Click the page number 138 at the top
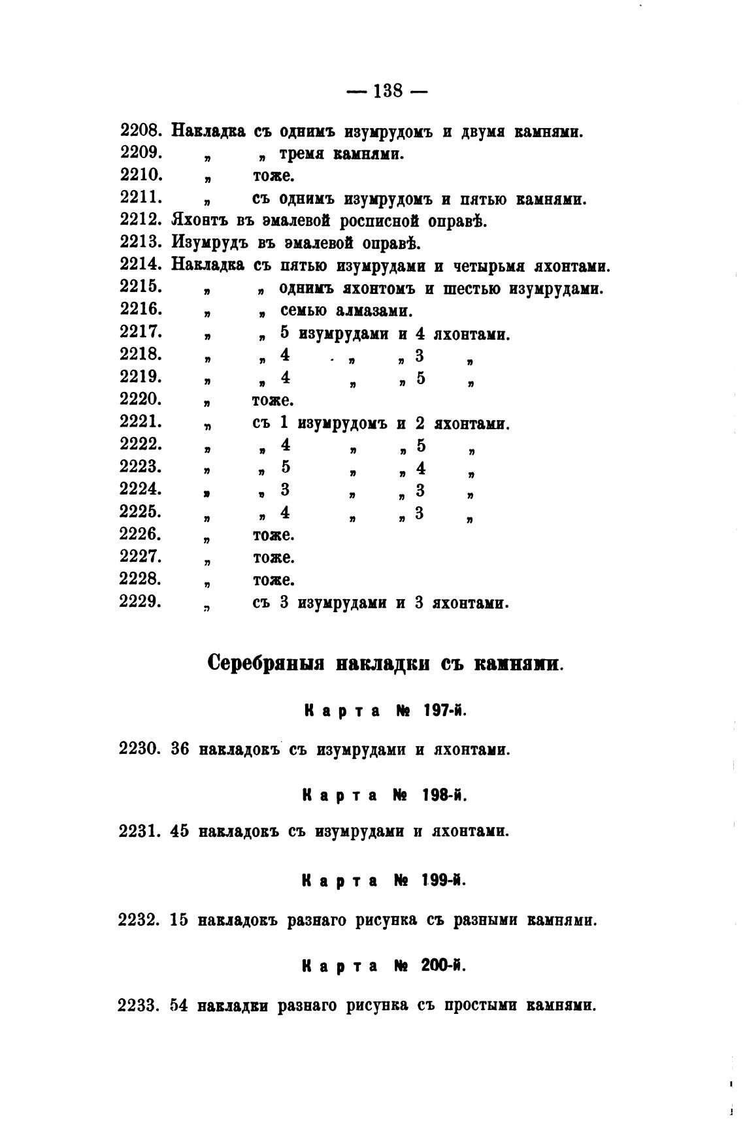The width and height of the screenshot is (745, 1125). click(387, 91)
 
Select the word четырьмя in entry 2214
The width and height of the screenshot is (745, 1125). click(489, 267)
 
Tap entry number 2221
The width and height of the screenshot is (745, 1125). click(141, 423)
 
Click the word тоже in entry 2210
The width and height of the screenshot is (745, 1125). click(273, 176)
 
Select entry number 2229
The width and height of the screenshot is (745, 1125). click(141, 602)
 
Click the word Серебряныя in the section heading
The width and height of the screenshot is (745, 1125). click(267, 663)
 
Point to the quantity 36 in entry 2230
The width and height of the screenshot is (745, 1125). click(180, 749)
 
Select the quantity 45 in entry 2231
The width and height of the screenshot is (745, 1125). click(180, 832)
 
